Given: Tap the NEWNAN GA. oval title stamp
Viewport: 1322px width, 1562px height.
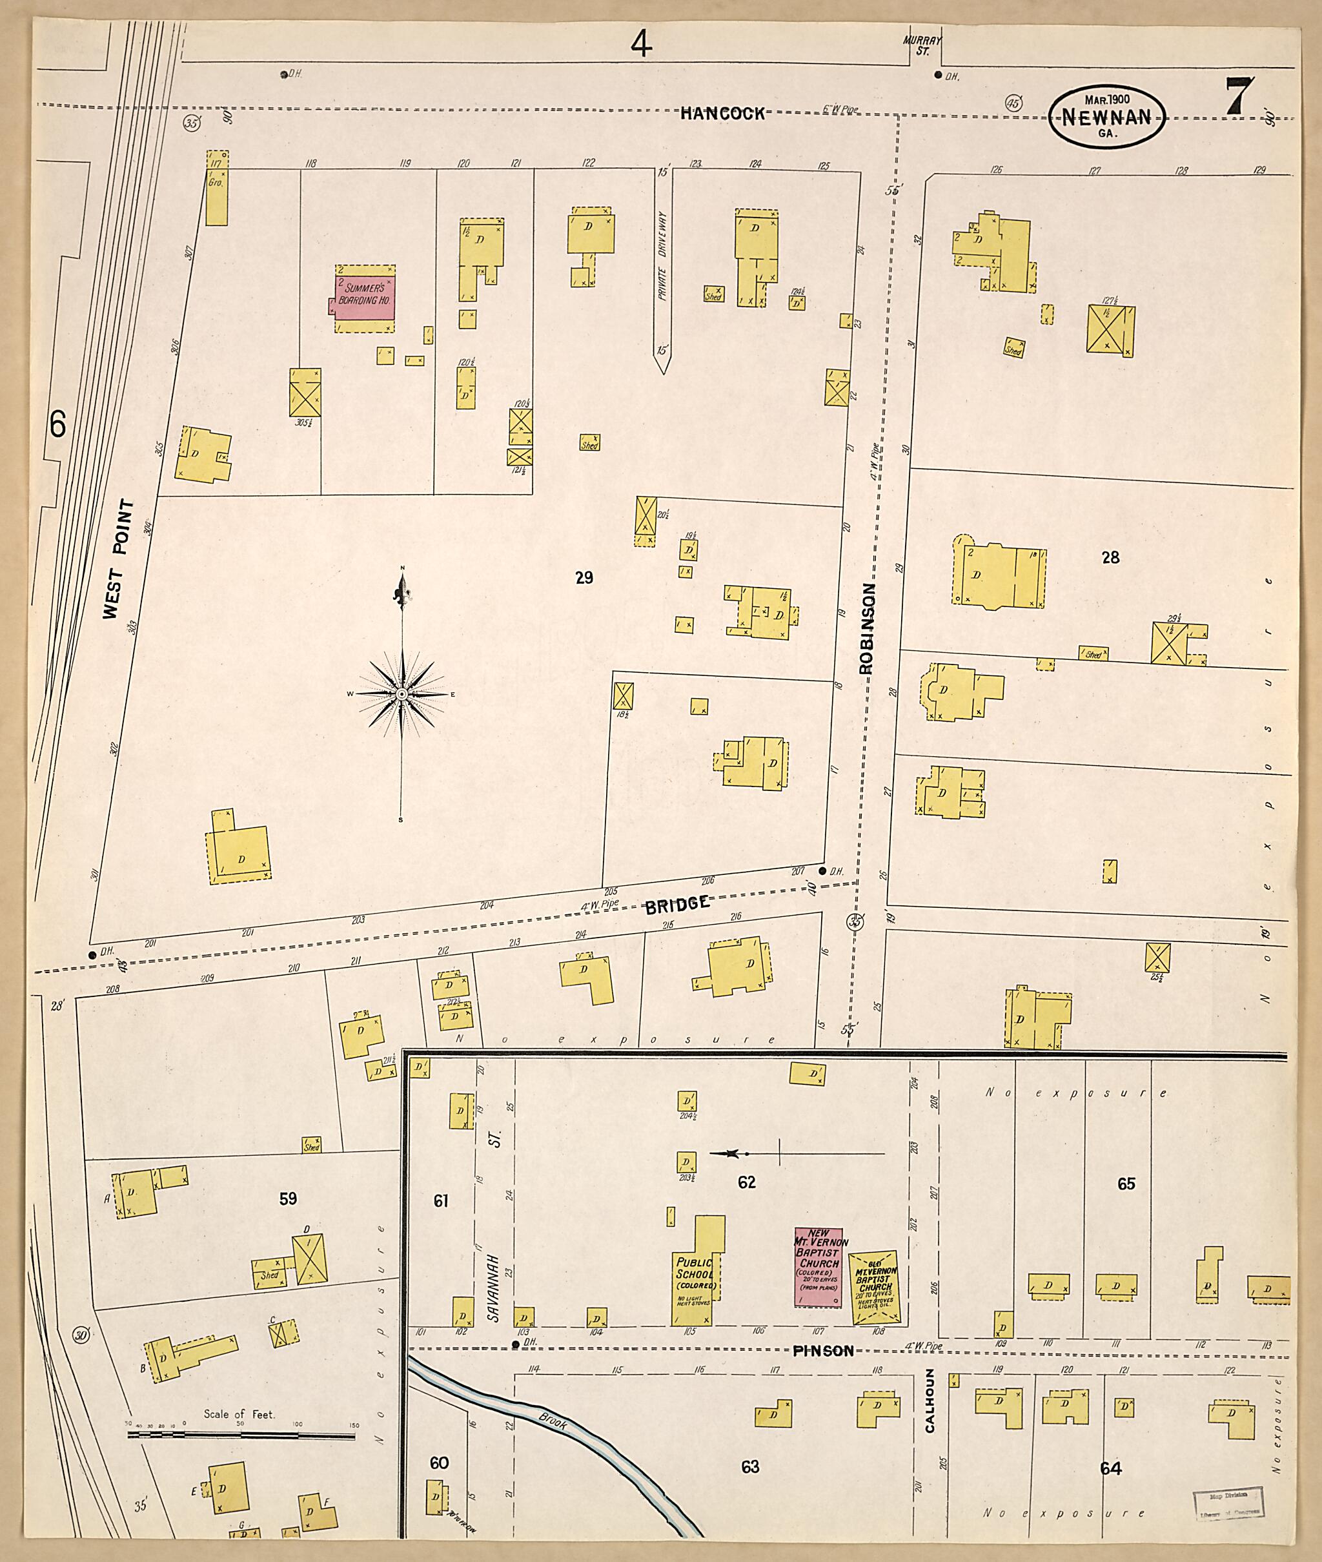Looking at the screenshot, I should coord(1107,116).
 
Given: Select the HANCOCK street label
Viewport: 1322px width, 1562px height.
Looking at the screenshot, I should coord(723,114).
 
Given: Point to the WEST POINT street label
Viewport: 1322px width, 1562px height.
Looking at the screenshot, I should coord(121,559).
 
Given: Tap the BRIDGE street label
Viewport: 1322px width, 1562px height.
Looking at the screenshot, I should coord(678,903).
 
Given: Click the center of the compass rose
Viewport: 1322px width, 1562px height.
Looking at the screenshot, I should coord(402,694).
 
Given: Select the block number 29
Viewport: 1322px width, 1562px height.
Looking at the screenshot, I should coord(585,577).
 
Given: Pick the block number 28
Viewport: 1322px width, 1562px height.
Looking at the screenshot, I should coord(1110,557).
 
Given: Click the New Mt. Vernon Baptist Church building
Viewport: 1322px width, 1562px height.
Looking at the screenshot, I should coord(819,1268).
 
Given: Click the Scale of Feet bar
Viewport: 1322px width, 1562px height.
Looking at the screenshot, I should coord(241,1436).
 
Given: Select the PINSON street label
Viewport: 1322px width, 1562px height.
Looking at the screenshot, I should coord(823,1351).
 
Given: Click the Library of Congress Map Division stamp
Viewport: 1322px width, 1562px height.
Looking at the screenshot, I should coord(1228,1503).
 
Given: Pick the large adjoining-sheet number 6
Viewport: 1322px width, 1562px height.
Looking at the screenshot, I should coord(57,424).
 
